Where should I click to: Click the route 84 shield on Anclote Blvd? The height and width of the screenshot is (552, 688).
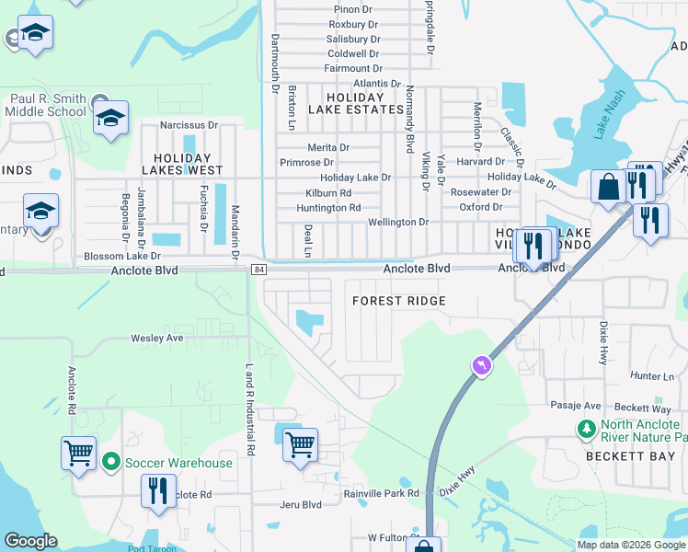click(259, 269)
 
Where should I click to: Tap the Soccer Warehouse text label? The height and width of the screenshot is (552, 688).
click(179, 462)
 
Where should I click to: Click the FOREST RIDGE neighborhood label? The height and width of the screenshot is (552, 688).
click(399, 301)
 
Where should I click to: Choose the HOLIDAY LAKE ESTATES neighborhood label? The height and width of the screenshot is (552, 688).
click(366, 103)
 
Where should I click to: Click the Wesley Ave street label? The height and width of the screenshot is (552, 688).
click(156, 338)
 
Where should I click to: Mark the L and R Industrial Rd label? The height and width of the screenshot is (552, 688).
click(248, 409)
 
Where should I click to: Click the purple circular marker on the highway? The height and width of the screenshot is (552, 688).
click(480, 366)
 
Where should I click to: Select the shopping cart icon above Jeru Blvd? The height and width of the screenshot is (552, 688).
click(300, 445)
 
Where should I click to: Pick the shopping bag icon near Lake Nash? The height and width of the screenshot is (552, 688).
click(608, 187)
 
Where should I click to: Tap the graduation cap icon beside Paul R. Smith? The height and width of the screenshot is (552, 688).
click(110, 118)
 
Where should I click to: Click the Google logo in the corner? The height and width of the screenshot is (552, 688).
click(30, 541)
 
